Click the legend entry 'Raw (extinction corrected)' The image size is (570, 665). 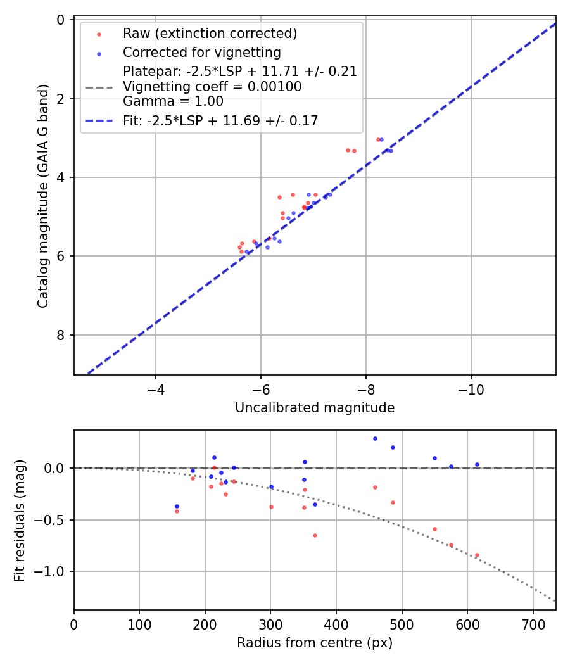210,34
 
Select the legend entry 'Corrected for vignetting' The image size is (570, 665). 201,52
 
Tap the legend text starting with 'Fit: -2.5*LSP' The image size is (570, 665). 220,120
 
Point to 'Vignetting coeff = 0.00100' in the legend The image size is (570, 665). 212,86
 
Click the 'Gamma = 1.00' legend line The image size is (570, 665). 173,101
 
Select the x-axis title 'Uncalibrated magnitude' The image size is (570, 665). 315,408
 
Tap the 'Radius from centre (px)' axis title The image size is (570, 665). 315,643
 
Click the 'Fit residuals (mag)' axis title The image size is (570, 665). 20,521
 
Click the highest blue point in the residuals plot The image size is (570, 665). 375,438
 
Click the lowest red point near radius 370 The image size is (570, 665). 315,535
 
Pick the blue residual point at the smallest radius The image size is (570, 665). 177,506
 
